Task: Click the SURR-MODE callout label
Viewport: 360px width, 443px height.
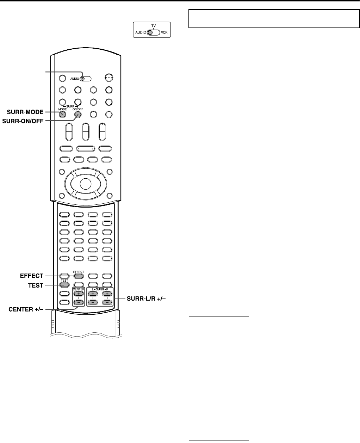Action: pyautogui.click(x=25, y=112)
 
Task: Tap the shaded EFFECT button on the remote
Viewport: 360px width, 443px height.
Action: pyautogui.click(x=78, y=276)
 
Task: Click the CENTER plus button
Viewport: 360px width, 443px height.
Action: pyautogui.click(x=78, y=294)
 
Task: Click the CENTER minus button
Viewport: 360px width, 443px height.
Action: pyautogui.click(x=78, y=302)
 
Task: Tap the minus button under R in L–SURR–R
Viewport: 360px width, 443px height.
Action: pyautogui.click(x=107, y=302)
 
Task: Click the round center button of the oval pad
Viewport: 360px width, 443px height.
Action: pyautogui.click(x=85, y=183)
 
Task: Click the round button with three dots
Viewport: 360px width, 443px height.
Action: pyautogui.click(x=109, y=78)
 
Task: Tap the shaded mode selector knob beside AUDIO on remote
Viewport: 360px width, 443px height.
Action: pyautogui.click(x=82, y=79)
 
